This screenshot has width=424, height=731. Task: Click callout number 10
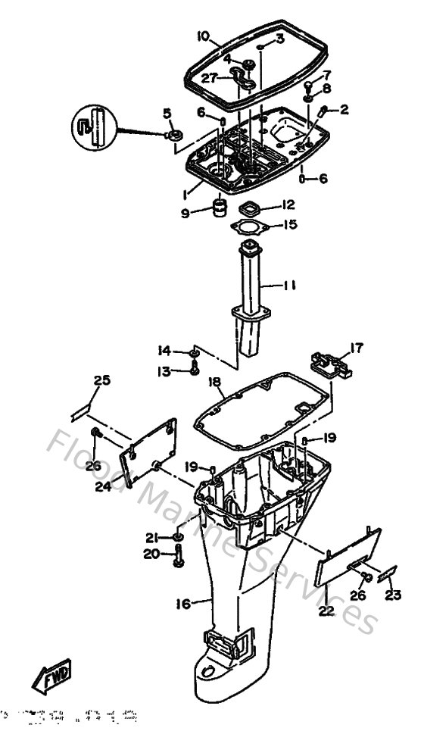click(202, 36)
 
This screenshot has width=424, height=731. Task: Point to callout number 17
click(355, 348)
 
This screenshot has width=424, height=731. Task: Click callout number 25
click(101, 380)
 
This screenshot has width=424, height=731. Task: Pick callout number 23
click(393, 595)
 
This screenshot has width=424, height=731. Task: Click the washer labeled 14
click(194, 351)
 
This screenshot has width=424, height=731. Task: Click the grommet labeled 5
click(173, 136)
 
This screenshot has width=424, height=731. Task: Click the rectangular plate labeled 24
click(151, 451)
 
